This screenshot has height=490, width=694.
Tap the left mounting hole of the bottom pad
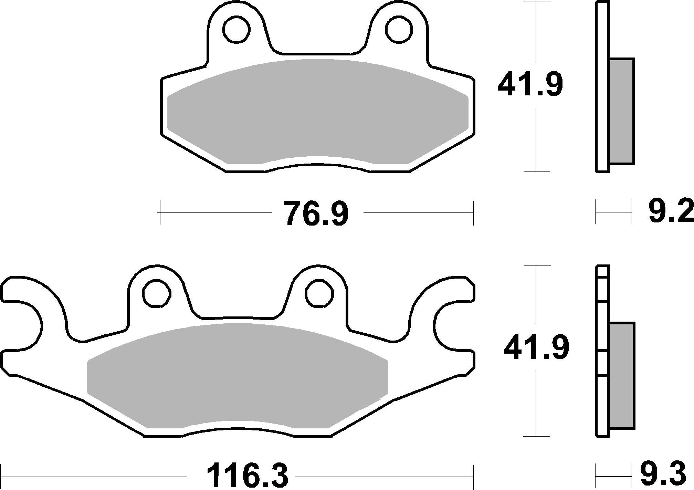157,293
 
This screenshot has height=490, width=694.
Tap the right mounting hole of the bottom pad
319,293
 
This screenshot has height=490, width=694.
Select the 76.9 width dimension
315,214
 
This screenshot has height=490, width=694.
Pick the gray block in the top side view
621,111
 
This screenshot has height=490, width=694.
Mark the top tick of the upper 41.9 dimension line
536,2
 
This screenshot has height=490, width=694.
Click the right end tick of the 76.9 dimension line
473,213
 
